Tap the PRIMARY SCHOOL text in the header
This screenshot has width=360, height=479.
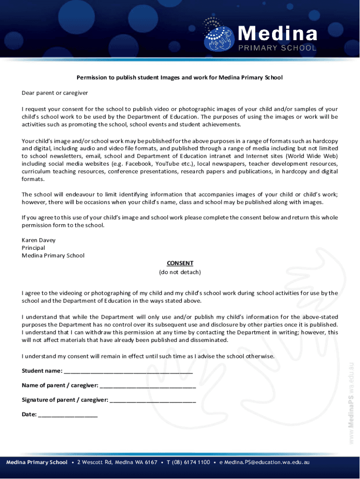pos(278,48)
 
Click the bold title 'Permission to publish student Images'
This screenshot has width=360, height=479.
pos(180,77)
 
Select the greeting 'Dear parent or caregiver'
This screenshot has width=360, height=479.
pos(55,93)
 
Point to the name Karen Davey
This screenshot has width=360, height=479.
pos(38,240)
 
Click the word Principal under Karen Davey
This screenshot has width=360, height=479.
pos(33,247)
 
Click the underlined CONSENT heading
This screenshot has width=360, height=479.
pos(180,263)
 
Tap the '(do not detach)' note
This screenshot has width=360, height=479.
pos(180,272)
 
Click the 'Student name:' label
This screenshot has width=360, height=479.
pos(42,371)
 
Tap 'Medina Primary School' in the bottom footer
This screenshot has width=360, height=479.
pos(37,462)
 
